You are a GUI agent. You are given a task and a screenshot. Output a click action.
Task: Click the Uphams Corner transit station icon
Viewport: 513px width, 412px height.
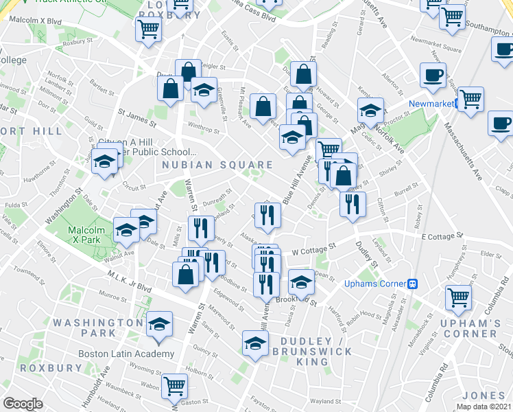[x=414, y=282]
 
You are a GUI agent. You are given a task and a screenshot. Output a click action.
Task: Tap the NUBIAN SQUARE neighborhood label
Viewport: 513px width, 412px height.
[x=217, y=165]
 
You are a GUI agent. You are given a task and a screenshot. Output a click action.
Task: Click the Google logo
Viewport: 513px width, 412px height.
[x=23, y=404]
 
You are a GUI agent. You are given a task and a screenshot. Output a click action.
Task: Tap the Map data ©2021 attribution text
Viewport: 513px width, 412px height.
[x=484, y=407]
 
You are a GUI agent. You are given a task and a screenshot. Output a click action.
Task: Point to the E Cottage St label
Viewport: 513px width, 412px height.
[x=443, y=236]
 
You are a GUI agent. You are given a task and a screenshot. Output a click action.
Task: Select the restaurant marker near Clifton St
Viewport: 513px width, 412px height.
[x=353, y=204]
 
